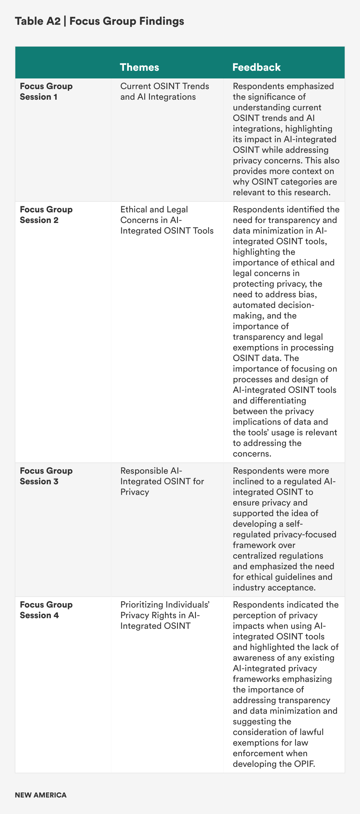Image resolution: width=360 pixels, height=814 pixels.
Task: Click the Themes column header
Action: tap(139, 67)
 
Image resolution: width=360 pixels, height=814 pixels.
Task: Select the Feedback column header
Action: tap(256, 67)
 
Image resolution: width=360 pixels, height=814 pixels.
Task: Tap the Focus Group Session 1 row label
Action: tap(46, 91)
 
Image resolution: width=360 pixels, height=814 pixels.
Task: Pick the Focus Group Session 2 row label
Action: tap(46, 215)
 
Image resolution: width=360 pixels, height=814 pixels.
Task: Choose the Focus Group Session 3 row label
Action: tap(46, 476)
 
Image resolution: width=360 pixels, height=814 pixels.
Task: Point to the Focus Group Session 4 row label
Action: tap(46, 610)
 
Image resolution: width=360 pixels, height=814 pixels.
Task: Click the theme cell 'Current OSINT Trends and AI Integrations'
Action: tap(164, 91)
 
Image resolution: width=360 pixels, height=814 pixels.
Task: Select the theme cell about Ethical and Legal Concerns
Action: tap(166, 220)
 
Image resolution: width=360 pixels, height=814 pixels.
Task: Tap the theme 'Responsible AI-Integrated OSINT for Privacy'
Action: tap(162, 481)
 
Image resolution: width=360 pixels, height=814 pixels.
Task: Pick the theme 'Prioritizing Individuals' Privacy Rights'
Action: tap(165, 615)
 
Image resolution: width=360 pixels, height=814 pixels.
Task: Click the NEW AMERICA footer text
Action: tap(40, 795)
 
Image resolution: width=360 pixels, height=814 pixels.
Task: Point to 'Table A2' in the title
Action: tap(37, 21)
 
